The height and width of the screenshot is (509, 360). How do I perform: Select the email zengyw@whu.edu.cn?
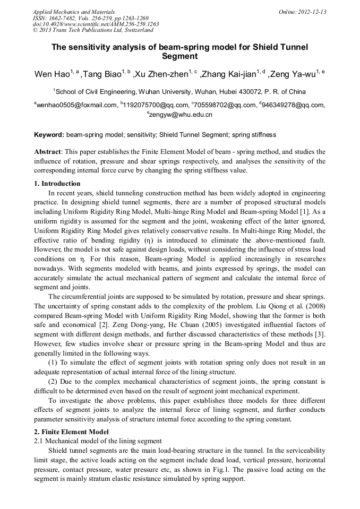181,114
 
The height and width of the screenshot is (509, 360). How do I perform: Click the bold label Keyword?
49,135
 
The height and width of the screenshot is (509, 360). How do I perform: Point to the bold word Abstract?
47,151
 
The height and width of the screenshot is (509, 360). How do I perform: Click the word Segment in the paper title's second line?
179,56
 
